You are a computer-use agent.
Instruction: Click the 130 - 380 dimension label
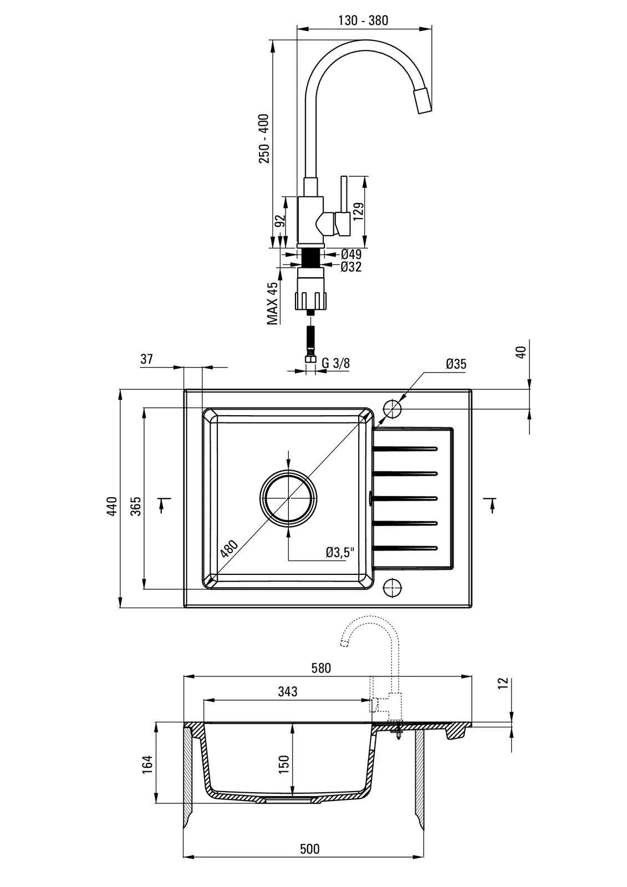click(363, 21)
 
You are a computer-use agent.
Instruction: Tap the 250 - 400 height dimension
click(264, 139)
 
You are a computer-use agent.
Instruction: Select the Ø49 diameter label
click(351, 254)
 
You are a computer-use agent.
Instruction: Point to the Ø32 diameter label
click(351, 267)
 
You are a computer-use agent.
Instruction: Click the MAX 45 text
click(272, 303)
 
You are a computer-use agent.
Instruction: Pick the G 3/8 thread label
click(335, 364)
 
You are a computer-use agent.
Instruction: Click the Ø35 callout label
click(456, 364)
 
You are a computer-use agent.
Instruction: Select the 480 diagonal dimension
click(229, 548)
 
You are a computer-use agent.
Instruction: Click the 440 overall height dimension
click(113, 506)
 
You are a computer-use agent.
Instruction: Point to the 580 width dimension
click(321, 668)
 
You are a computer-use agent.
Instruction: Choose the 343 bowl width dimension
click(288, 691)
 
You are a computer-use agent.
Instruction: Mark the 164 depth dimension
click(147, 764)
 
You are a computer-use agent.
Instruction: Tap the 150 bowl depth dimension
click(283, 764)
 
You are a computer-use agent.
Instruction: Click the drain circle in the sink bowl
click(289, 497)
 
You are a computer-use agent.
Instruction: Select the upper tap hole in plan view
click(392, 410)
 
